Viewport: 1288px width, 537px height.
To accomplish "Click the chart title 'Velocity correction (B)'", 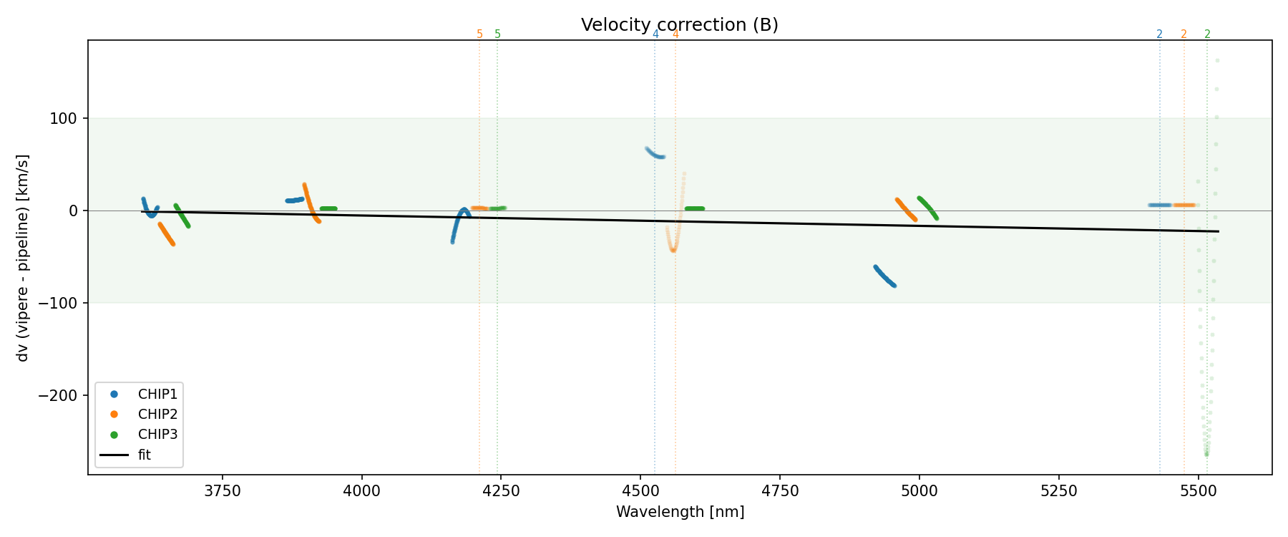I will [679, 25].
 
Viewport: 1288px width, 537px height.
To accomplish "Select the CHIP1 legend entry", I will [157, 395].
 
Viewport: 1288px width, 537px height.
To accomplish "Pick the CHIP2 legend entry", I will [157, 415].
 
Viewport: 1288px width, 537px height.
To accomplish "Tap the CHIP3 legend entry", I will [157, 435].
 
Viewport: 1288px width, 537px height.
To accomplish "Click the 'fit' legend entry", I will [145, 455].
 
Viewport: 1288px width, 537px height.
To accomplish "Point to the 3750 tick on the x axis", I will [223, 491].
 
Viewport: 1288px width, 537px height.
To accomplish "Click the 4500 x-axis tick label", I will [640, 491].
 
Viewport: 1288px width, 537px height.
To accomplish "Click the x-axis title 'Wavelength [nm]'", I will [680, 512].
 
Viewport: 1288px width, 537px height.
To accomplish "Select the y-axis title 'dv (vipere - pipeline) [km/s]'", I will [23, 258].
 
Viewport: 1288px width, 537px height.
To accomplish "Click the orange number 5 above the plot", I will [479, 34].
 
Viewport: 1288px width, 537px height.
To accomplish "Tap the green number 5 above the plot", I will [498, 34].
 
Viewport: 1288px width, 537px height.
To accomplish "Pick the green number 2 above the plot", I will [1207, 34].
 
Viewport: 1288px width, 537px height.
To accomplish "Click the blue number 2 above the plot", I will [1159, 34].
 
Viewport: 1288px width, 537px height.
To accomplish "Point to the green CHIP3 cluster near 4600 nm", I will [694, 208].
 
